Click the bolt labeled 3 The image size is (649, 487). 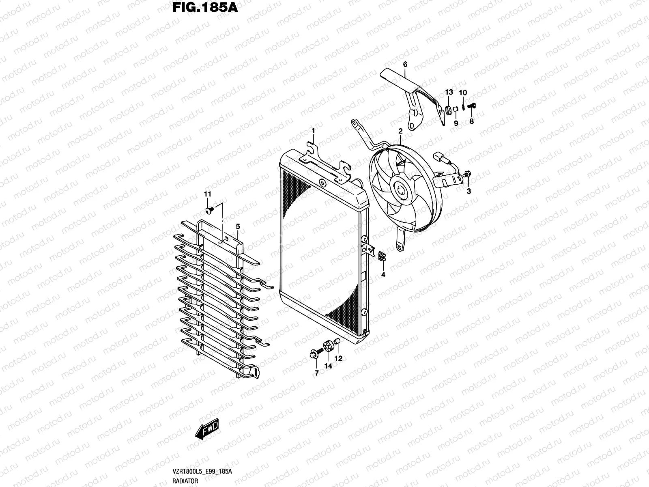point(467,175)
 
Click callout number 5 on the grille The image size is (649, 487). point(238,226)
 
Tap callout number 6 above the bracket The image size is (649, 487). point(405,65)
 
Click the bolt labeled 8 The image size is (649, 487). point(472,106)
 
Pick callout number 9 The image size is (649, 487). point(456,123)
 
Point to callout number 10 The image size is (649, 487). point(463,93)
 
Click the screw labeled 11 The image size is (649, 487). point(209,210)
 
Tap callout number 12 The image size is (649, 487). point(338,359)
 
